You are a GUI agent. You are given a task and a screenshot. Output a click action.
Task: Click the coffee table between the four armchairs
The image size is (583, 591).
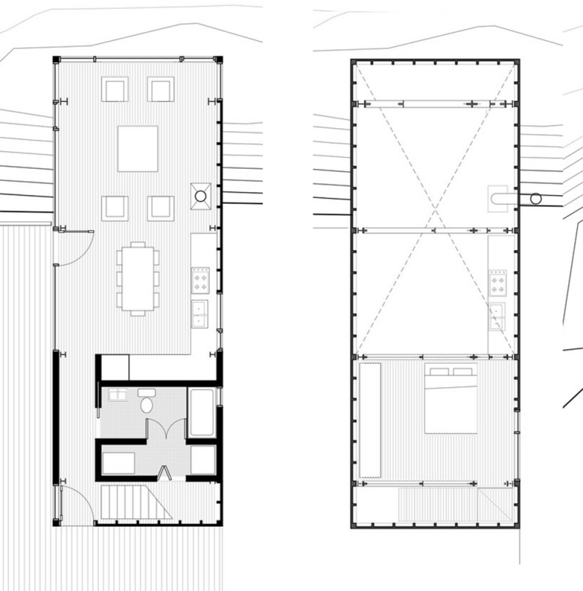138,148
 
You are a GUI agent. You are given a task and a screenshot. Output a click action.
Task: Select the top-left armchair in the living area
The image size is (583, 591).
115,90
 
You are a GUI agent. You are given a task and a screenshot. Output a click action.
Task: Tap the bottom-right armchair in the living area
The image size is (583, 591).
160,207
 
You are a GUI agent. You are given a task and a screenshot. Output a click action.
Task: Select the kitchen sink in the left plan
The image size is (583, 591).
200,313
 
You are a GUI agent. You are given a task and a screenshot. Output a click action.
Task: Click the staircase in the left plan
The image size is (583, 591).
129,501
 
